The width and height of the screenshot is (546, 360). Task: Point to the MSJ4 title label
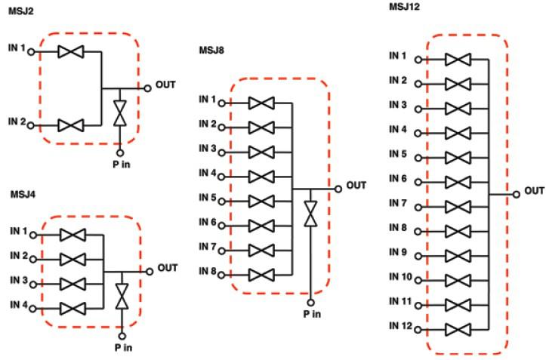pyautogui.click(x=23, y=195)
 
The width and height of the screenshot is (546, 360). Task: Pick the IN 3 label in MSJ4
pyautogui.click(x=19, y=281)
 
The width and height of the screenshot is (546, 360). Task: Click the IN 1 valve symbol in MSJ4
pyautogui.click(x=73, y=235)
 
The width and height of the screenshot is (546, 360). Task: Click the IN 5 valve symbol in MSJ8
pyautogui.click(x=261, y=202)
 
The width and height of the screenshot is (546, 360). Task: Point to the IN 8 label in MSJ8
pyautogui.click(x=208, y=271)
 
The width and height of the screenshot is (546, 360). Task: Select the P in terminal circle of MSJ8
pyautogui.click(x=310, y=301)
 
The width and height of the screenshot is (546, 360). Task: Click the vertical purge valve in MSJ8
pyautogui.click(x=310, y=211)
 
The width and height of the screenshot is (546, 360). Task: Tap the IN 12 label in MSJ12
pyautogui.click(x=400, y=325)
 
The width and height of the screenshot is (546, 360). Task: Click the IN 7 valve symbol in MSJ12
pyautogui.click(x=458, y=206)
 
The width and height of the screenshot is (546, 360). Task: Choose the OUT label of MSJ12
pyautogui.click(x=534, y=190)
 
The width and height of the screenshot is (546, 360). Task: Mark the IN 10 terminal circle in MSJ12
pyautogui.click(x=418, y=279)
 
